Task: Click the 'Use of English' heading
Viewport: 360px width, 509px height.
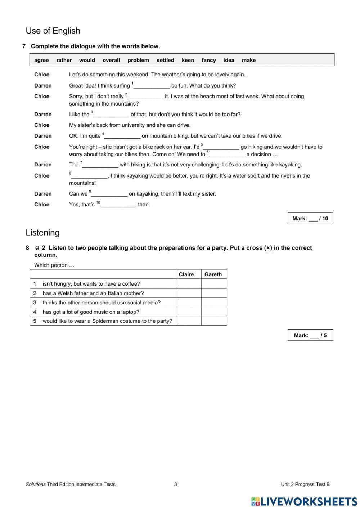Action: pyautogui.click(x=53, y=31)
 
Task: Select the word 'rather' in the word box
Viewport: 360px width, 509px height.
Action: pyautogui.click(x=64, y=60)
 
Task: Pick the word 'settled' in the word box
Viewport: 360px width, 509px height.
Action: pyautogui.click(x=165, y=60)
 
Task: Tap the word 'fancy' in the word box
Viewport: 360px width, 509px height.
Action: pyautogui.click(x=208, y=60)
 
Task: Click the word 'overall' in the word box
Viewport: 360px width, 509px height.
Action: pyautogui.click(x=111, y=60)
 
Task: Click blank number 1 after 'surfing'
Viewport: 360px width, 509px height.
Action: pyautogui.click(x=152, y=86)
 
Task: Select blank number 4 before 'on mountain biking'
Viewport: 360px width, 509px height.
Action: pyautogui.click(x=122, y=136)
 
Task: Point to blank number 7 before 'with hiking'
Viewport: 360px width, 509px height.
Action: pyautogui.click(x=100, y=165)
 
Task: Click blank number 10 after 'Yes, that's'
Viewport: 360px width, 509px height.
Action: pyautogui.click(x=118, y=205)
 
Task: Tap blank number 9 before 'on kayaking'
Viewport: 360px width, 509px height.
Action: pyautogui.click(x=109, y=194)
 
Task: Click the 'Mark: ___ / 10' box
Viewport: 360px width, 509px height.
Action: pyautogui.click(x=310, y=218)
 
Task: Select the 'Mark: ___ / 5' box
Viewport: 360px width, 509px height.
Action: pyautogui.click(x=310, y=335)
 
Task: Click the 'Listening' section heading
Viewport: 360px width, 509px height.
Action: pyautogui.click(x=42, y=233)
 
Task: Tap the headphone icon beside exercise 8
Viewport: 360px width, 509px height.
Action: pyautogui.click(x=37, y=248)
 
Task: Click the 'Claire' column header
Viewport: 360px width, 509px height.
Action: pyautogui.click(x=186, y=274)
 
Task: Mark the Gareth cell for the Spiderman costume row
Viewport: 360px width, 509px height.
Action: pyautogui.click(x=214, y=321)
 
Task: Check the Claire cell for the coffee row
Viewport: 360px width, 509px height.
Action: pyautogui.click(x=188, y=284)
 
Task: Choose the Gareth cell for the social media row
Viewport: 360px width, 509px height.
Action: pyautogui.click(x=214, y=303)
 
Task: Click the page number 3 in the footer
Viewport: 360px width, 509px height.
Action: pyautogui.click(x=176, y=484)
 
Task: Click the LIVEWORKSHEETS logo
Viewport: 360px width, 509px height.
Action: pyautogui.click(x=304, y=501)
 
